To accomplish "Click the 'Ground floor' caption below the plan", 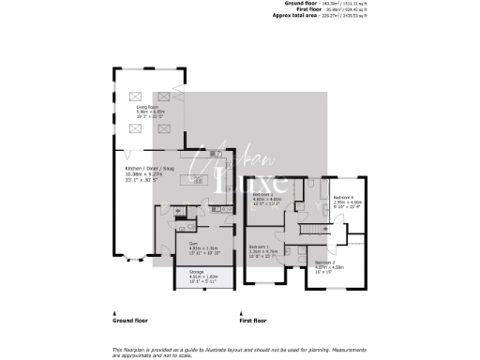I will click(x=129, y=321).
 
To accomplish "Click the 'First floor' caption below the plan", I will click(x=252, y=321).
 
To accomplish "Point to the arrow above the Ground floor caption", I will click(x=115, y=312).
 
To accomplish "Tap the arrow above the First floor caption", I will click(x=241, y=312).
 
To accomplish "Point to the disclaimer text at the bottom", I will click(x=239, y=350).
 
